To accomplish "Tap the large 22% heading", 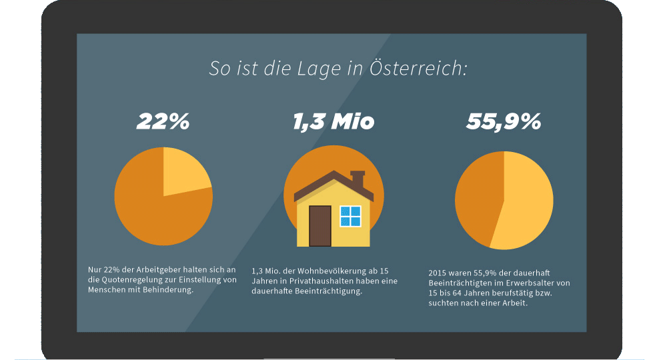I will click(x=163, y=121).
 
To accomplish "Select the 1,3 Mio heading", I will click(x=333, y=121).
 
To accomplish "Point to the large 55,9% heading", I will click(x=504, y=121).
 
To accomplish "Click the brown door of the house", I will click(x=319, y=226).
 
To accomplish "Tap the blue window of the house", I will click(x=350, y=216).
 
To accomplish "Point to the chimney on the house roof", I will click(x=358, y=179).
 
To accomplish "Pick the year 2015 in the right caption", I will click(x=438, y=273).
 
